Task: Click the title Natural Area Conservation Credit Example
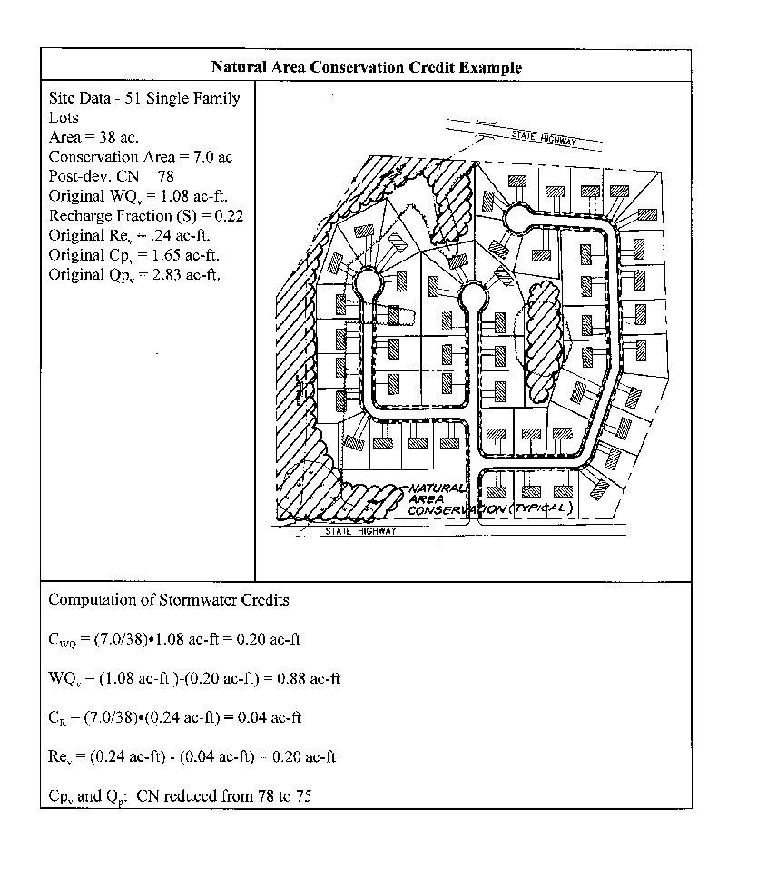click(366, 67)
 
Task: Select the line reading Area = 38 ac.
click(93, 137)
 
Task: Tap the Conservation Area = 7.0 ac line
click(140, 157)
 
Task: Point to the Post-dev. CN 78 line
click(111, 176)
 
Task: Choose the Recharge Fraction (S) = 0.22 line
click(145, 216)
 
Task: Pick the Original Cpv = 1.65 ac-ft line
click(133, 255)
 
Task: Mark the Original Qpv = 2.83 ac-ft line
click(133, 275)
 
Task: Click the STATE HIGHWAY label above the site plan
click(544, 138)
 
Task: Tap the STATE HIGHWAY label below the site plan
click(360, 531)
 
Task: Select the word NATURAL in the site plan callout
click(437, 488)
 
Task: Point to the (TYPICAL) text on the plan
click(541, 508)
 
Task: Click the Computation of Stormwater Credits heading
click(169, 599)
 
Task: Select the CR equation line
click(174, 717)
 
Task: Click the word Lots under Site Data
click(64, 117)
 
